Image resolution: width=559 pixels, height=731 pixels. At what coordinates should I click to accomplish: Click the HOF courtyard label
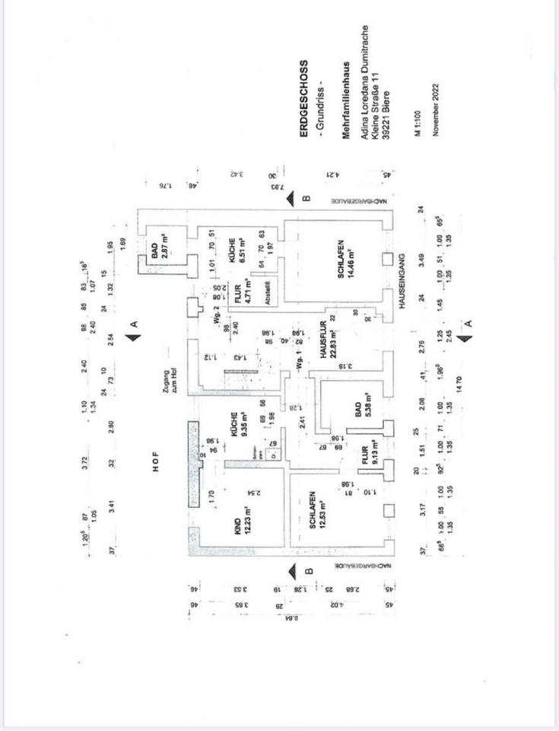tap(155, 468)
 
